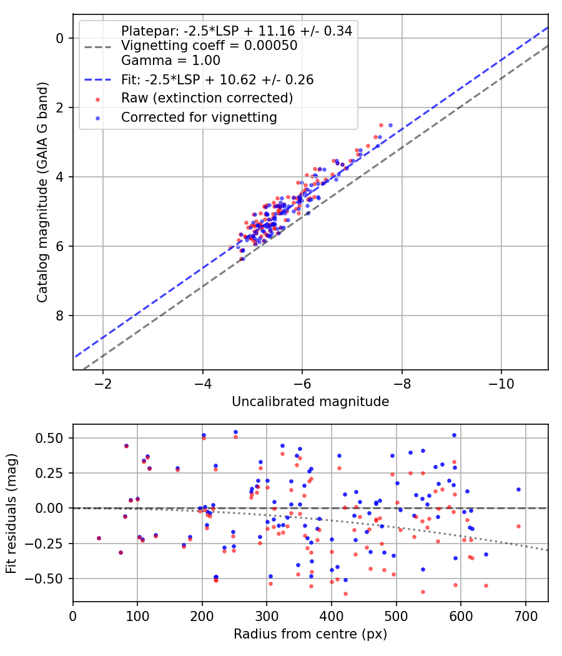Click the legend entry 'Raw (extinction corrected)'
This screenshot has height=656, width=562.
(207, 99)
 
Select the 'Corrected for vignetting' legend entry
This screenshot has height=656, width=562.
(199, 117)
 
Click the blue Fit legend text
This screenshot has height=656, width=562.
(217, 80)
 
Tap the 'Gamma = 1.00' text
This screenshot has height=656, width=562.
(170, 61)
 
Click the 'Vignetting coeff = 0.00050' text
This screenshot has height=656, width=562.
(209, 46)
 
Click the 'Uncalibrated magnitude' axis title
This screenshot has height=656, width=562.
(310, 402)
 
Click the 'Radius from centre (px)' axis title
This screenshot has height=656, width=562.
(310, 634)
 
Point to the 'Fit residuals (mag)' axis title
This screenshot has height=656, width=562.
(11, 514)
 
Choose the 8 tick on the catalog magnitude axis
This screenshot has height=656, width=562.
(60, 316)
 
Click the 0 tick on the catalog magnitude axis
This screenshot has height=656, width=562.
(60, 38)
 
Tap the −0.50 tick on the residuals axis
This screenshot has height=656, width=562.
(51, 579)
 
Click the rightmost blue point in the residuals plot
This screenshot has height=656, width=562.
(518, 490)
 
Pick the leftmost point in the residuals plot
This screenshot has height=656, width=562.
(99, 538)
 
